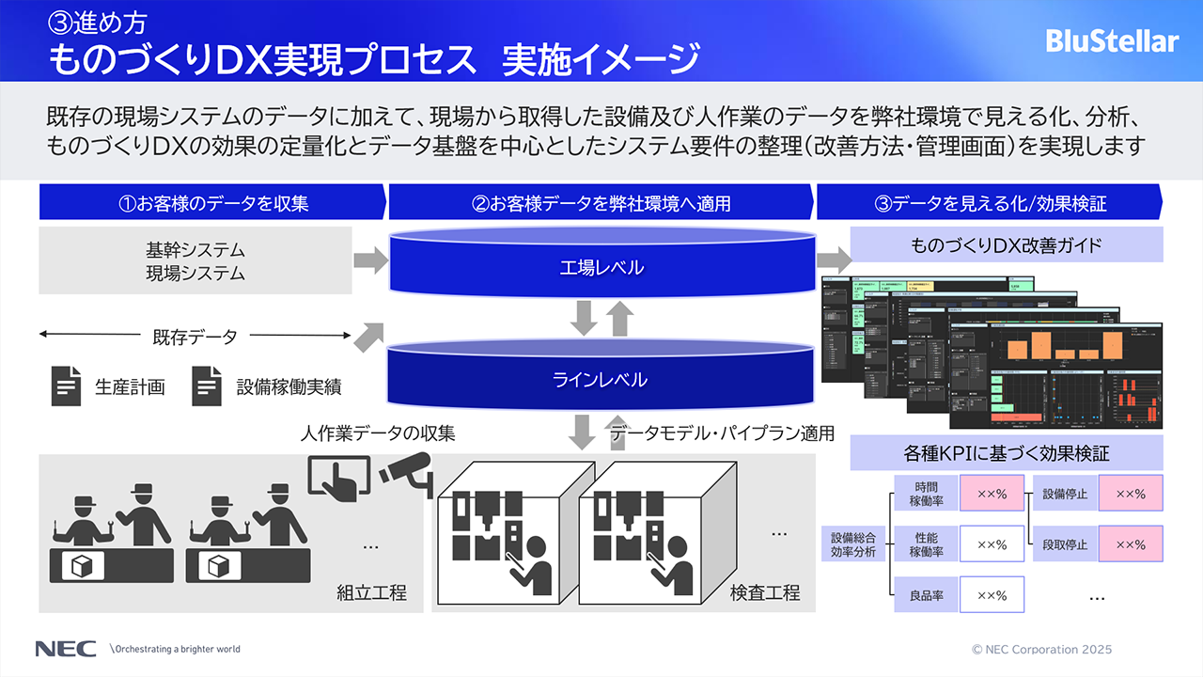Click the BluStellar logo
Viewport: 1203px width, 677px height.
[x=1112, y=41]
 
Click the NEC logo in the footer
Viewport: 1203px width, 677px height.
[x=65, y=649]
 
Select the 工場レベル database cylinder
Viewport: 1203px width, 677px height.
[x=602, y=267]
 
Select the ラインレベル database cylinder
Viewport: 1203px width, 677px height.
[x=602, y=379]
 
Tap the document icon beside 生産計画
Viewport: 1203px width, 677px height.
[x=66, y=386]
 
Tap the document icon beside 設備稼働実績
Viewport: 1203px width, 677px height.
[x=207, y=386]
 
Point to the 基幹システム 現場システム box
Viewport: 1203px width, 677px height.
[x=195, y=261]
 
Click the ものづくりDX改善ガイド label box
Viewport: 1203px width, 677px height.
[x=1007, y=246]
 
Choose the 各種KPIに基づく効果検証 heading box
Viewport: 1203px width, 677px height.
[x=1007, y=453]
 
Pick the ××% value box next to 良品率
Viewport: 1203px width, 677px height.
[x=992, y=595]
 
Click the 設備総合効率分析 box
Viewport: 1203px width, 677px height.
[x=852, y=544]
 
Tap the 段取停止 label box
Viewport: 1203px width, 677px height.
[x=1065, y=544]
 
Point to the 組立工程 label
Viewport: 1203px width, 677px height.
[x=372, y=593]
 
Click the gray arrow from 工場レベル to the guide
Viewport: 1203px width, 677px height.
[x=831, y=260]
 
